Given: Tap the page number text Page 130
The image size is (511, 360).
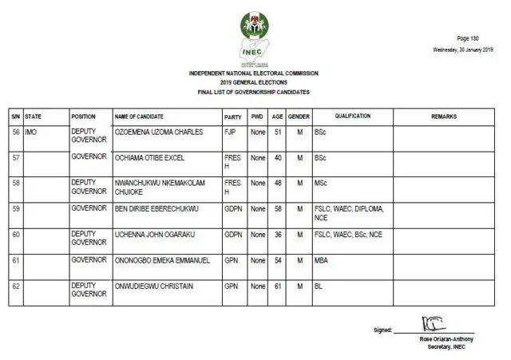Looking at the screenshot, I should (468, 38).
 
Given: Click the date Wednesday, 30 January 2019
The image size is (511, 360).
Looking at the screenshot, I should (463, 49).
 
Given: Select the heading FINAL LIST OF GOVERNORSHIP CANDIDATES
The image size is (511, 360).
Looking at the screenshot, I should (253, 93).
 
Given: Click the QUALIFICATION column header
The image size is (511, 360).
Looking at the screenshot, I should (352, 117).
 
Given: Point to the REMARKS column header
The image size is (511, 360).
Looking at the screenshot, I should (444, 117).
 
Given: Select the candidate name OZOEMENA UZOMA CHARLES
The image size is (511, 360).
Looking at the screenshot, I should (160, 132).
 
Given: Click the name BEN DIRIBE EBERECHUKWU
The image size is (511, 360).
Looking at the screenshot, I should (156, 209).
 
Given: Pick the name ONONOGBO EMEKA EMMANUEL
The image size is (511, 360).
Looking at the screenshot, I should (159, 260).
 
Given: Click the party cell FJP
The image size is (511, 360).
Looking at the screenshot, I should (230, 132).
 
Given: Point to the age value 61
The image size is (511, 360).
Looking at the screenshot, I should (278, 286).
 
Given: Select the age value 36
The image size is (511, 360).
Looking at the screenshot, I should (278, 235).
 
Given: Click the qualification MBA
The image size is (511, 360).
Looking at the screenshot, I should (321, 260).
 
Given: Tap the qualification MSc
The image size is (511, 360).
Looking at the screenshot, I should (320, 184).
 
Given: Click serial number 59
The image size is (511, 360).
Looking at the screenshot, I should (15, 209).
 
